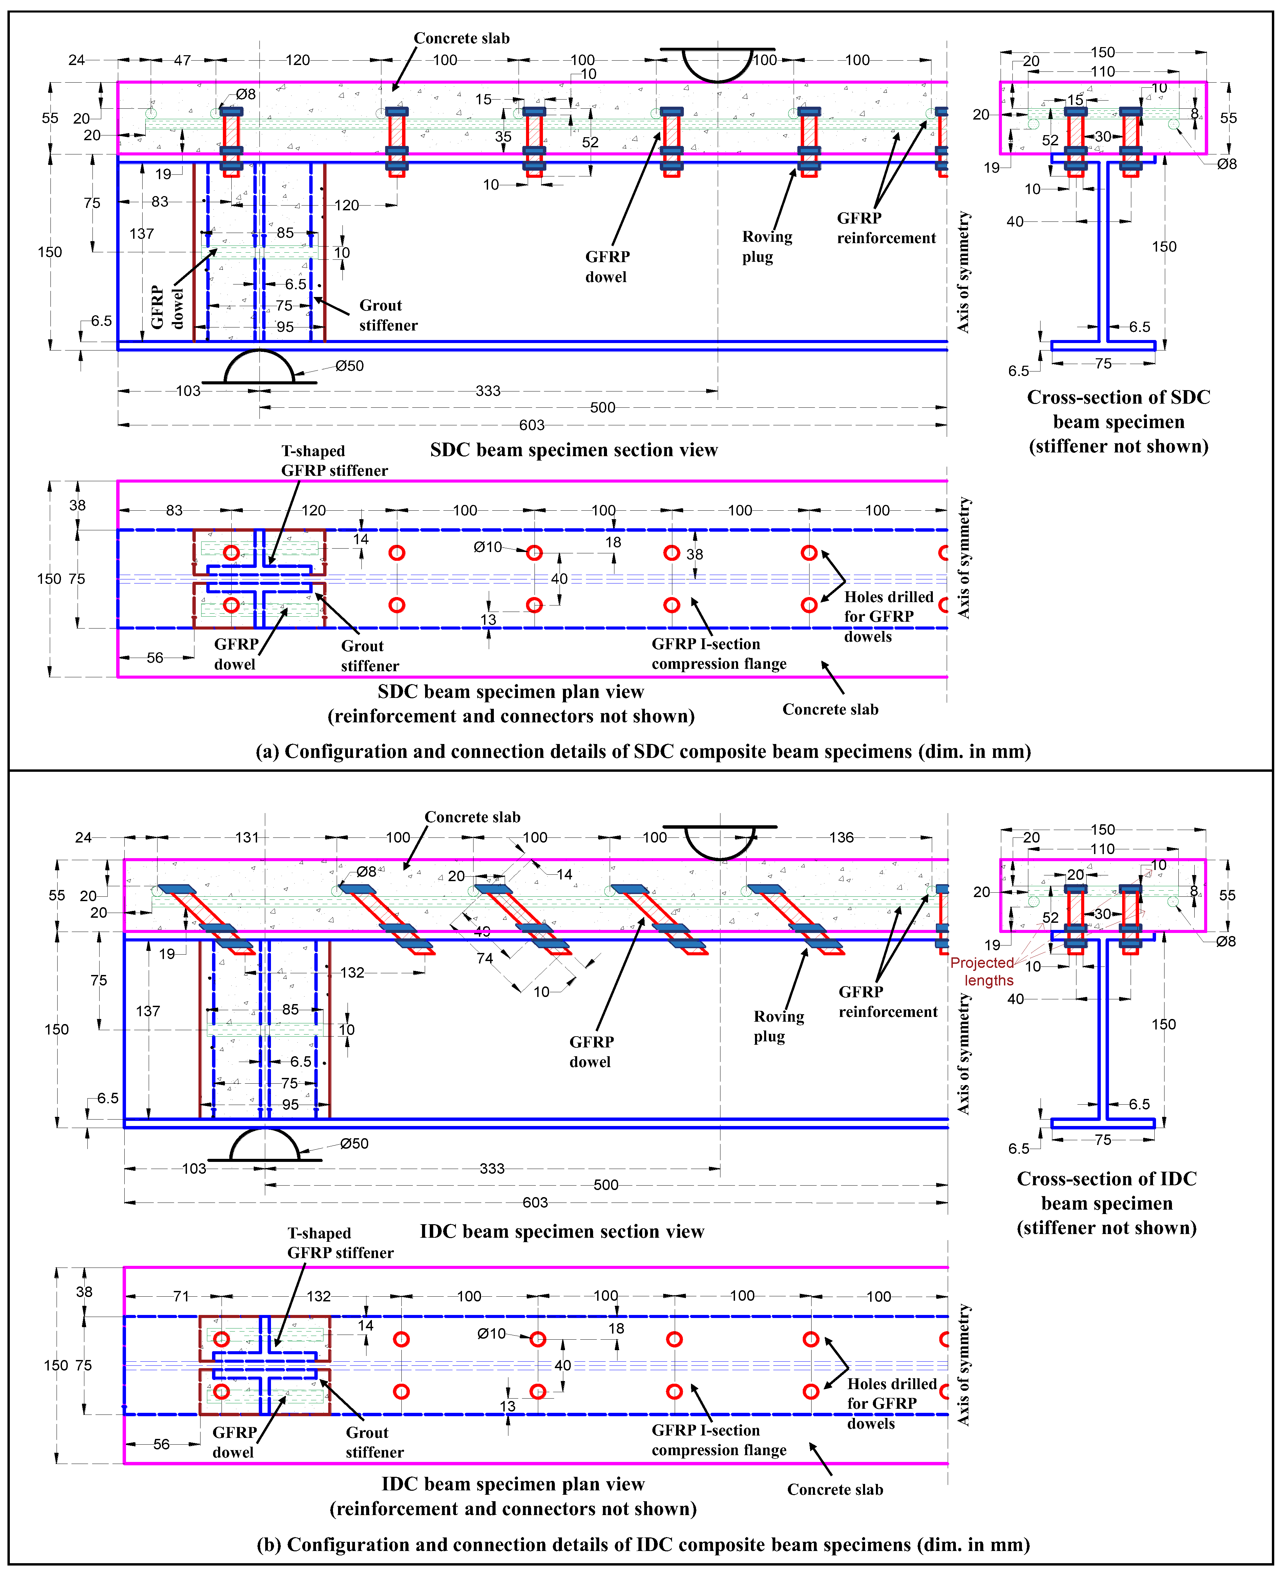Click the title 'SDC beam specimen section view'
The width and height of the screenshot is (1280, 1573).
tap(574, 450)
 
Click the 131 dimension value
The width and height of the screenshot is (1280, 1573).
tap(247, 837)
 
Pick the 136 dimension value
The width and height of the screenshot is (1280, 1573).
tap(841, 837)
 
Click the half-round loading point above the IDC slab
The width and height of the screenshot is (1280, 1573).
tap(720, 840)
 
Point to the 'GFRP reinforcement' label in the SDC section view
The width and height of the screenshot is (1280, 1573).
tap(885, 228)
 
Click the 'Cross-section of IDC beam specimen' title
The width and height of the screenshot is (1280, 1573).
tap(1106, 1203)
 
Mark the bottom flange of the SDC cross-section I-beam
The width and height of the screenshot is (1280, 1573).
tap(1103, 345)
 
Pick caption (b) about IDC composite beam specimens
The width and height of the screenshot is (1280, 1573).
tap(643, 1544)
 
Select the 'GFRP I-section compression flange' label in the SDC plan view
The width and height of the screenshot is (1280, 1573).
tap(719, 654)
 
